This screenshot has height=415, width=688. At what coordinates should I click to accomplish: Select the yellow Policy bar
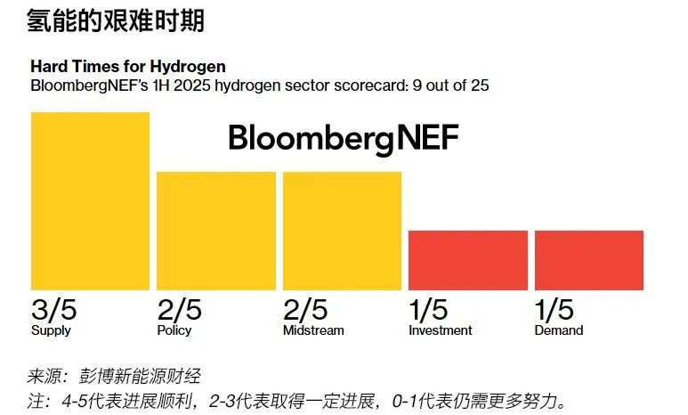click(216, 231)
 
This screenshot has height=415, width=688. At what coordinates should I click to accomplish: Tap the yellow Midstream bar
click(342, 231)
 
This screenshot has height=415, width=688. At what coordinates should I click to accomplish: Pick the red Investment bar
click(468, 260)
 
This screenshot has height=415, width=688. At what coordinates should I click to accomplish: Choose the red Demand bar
click(588, 260)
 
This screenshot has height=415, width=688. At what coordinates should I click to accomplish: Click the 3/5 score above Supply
click(54, 310)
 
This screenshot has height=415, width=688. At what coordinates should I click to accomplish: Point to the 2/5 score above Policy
click(180, 310)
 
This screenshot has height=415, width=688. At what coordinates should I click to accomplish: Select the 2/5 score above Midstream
click(306, 310)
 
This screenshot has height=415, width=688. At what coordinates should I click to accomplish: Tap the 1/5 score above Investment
click(428, 310)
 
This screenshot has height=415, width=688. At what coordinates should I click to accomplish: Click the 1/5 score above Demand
click(554, 310)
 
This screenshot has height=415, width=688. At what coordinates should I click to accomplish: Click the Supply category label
click(51, 330)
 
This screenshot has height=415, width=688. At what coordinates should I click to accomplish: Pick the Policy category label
click(175, 330)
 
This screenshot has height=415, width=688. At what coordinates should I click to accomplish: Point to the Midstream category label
click(313, 330)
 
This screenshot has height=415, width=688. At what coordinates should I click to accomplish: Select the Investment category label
click(440, 330)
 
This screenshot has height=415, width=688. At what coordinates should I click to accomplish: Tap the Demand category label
click(559, 330)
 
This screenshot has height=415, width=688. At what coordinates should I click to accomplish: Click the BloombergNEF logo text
click(344, 138)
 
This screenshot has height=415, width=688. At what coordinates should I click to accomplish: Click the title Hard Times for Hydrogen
click(128, 67)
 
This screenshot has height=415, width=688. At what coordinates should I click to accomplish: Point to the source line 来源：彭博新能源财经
click(120, 376)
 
